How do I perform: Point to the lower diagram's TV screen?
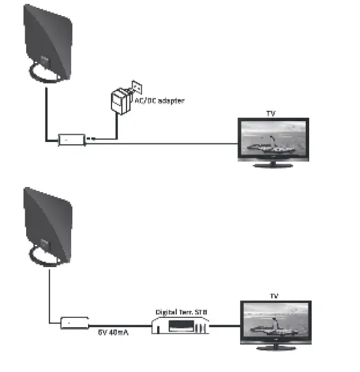pos(273,322)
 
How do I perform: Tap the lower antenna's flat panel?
pos(50,221)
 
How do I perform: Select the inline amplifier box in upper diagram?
pos(70,139)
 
